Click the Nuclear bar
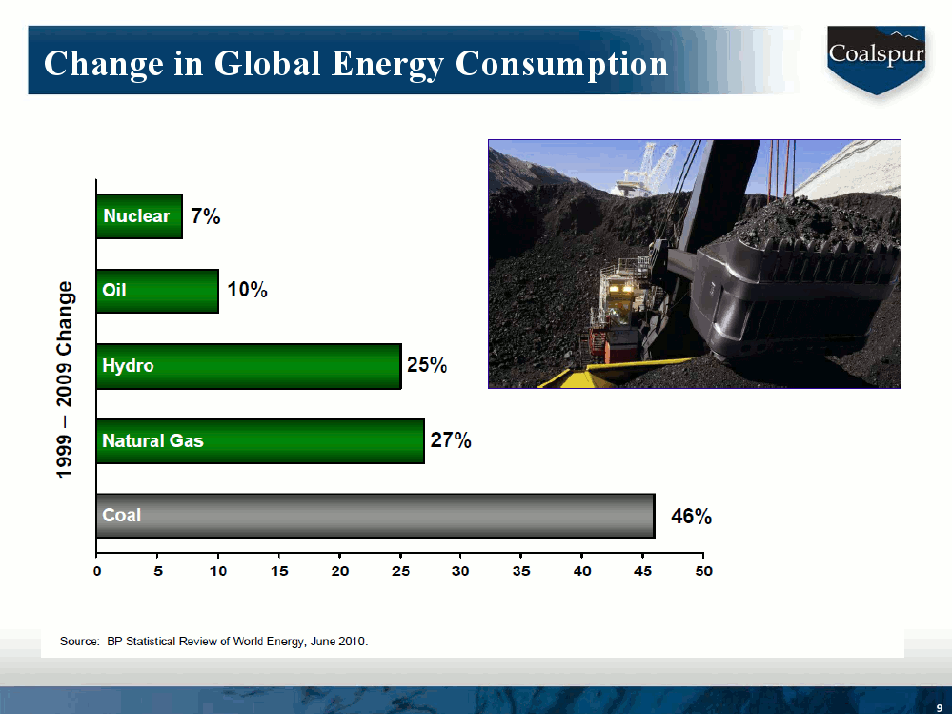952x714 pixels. [139, 216]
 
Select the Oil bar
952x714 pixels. [157, 291]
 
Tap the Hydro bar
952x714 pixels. [248, 366]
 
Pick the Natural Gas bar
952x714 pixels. [260, 441]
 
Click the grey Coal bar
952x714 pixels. [375, 516]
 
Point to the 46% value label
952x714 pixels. [691, 517]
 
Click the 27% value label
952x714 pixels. [451, 440]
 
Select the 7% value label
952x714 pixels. [205, 216]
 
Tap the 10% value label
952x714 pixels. [247, 290]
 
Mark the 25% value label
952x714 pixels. [427, 365]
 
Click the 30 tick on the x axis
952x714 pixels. [460, 571]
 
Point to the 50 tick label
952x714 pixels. [702, 571]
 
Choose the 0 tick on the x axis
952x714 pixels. [96, 571]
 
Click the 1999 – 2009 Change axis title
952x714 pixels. [65, 379]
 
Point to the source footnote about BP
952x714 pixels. [213, 641]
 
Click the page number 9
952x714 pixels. [939, 704]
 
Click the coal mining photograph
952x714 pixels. [694, 263]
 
